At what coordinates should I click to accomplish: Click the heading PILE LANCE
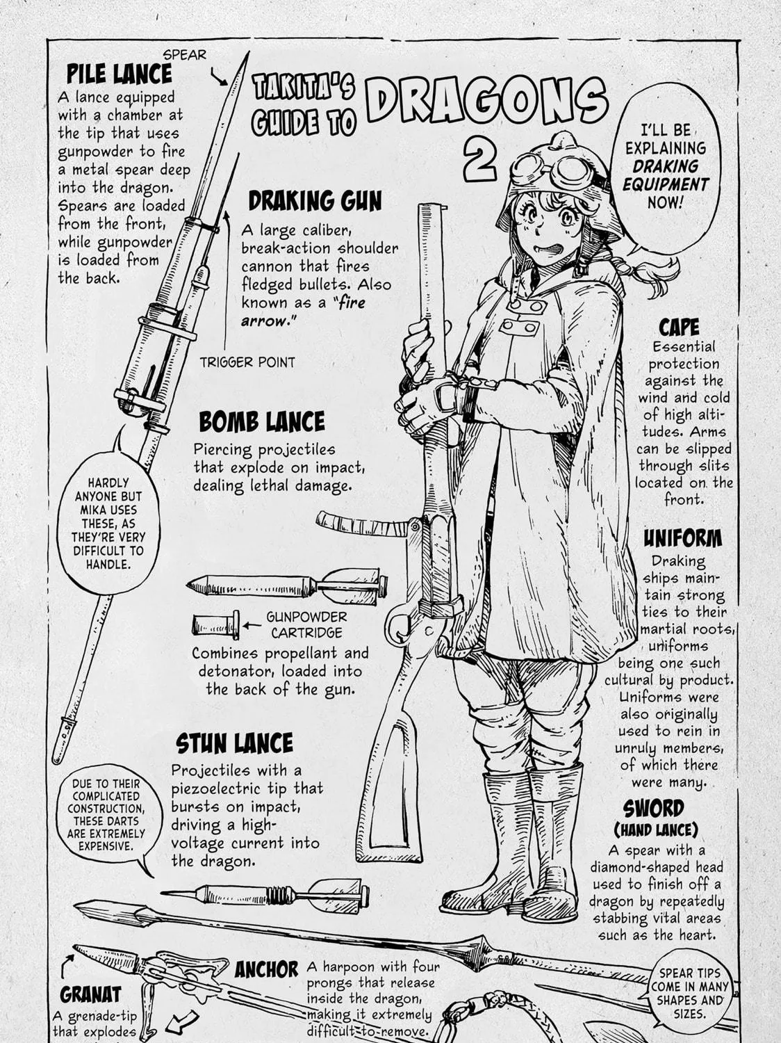pos(120,74)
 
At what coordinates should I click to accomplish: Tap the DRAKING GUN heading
pos(315,201)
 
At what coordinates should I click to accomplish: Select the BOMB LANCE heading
pos(262,421)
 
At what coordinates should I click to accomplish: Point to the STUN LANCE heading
pos(235,743)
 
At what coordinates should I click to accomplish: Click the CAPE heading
pos(679,328)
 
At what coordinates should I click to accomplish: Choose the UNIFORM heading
pos(683,538)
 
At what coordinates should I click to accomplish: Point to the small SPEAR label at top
pos(185,55)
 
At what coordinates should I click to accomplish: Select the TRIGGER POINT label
pos(247,362)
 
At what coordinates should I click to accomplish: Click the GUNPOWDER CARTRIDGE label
pos(306,625)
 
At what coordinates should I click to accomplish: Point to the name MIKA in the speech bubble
pos(92,510)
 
